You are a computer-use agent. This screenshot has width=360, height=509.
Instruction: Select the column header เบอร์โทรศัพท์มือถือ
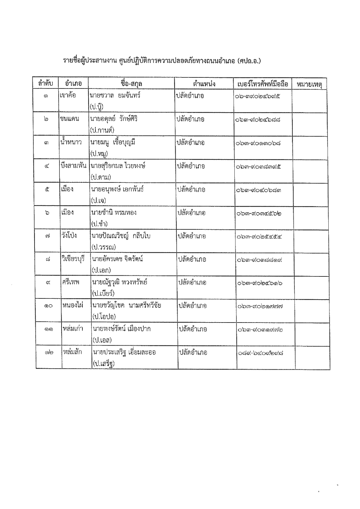click(263, 84)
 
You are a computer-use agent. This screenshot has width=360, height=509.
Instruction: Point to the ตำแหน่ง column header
click(204, 84)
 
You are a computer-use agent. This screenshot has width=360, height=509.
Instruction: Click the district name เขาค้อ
click(68, 96)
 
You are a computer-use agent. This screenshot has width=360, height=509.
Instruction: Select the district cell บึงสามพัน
click(74, 166)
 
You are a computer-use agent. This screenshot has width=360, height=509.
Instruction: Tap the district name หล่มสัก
click(72, 352)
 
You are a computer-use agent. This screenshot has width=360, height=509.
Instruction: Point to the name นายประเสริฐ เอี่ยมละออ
click(124, 352)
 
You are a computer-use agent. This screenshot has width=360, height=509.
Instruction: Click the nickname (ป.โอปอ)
click(104, 316)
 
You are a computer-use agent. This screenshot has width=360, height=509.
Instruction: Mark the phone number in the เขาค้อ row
click(258, 96)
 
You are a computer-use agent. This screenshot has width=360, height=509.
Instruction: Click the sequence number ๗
click(48, 236)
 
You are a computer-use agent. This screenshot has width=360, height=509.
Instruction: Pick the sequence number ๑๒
click(49, 353)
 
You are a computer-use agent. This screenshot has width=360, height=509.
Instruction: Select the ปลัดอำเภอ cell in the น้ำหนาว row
click(190, 143)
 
